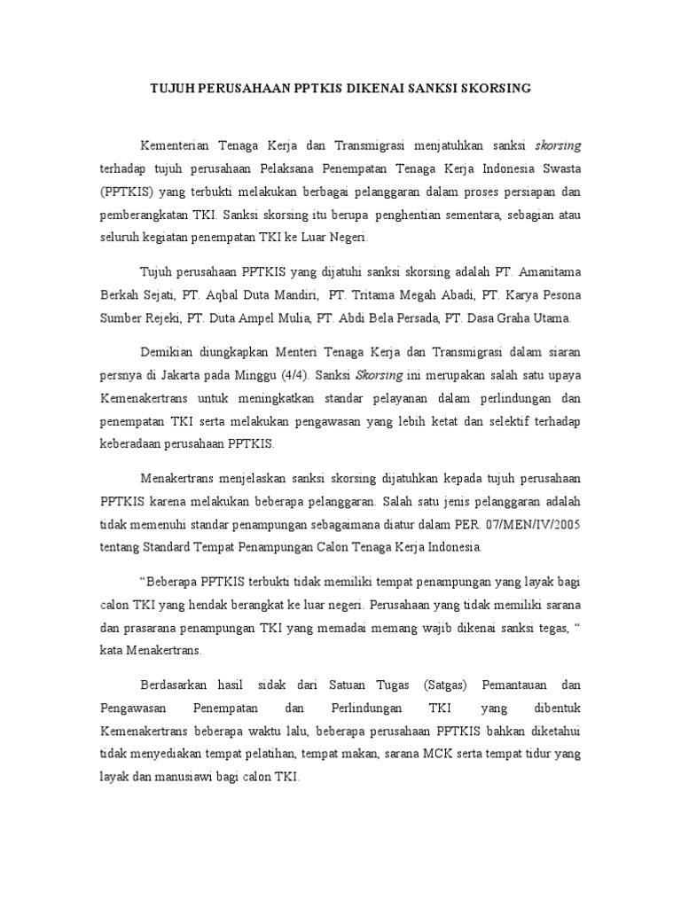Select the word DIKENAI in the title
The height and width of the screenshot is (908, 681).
371,89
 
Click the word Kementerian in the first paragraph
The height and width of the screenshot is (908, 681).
176,144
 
